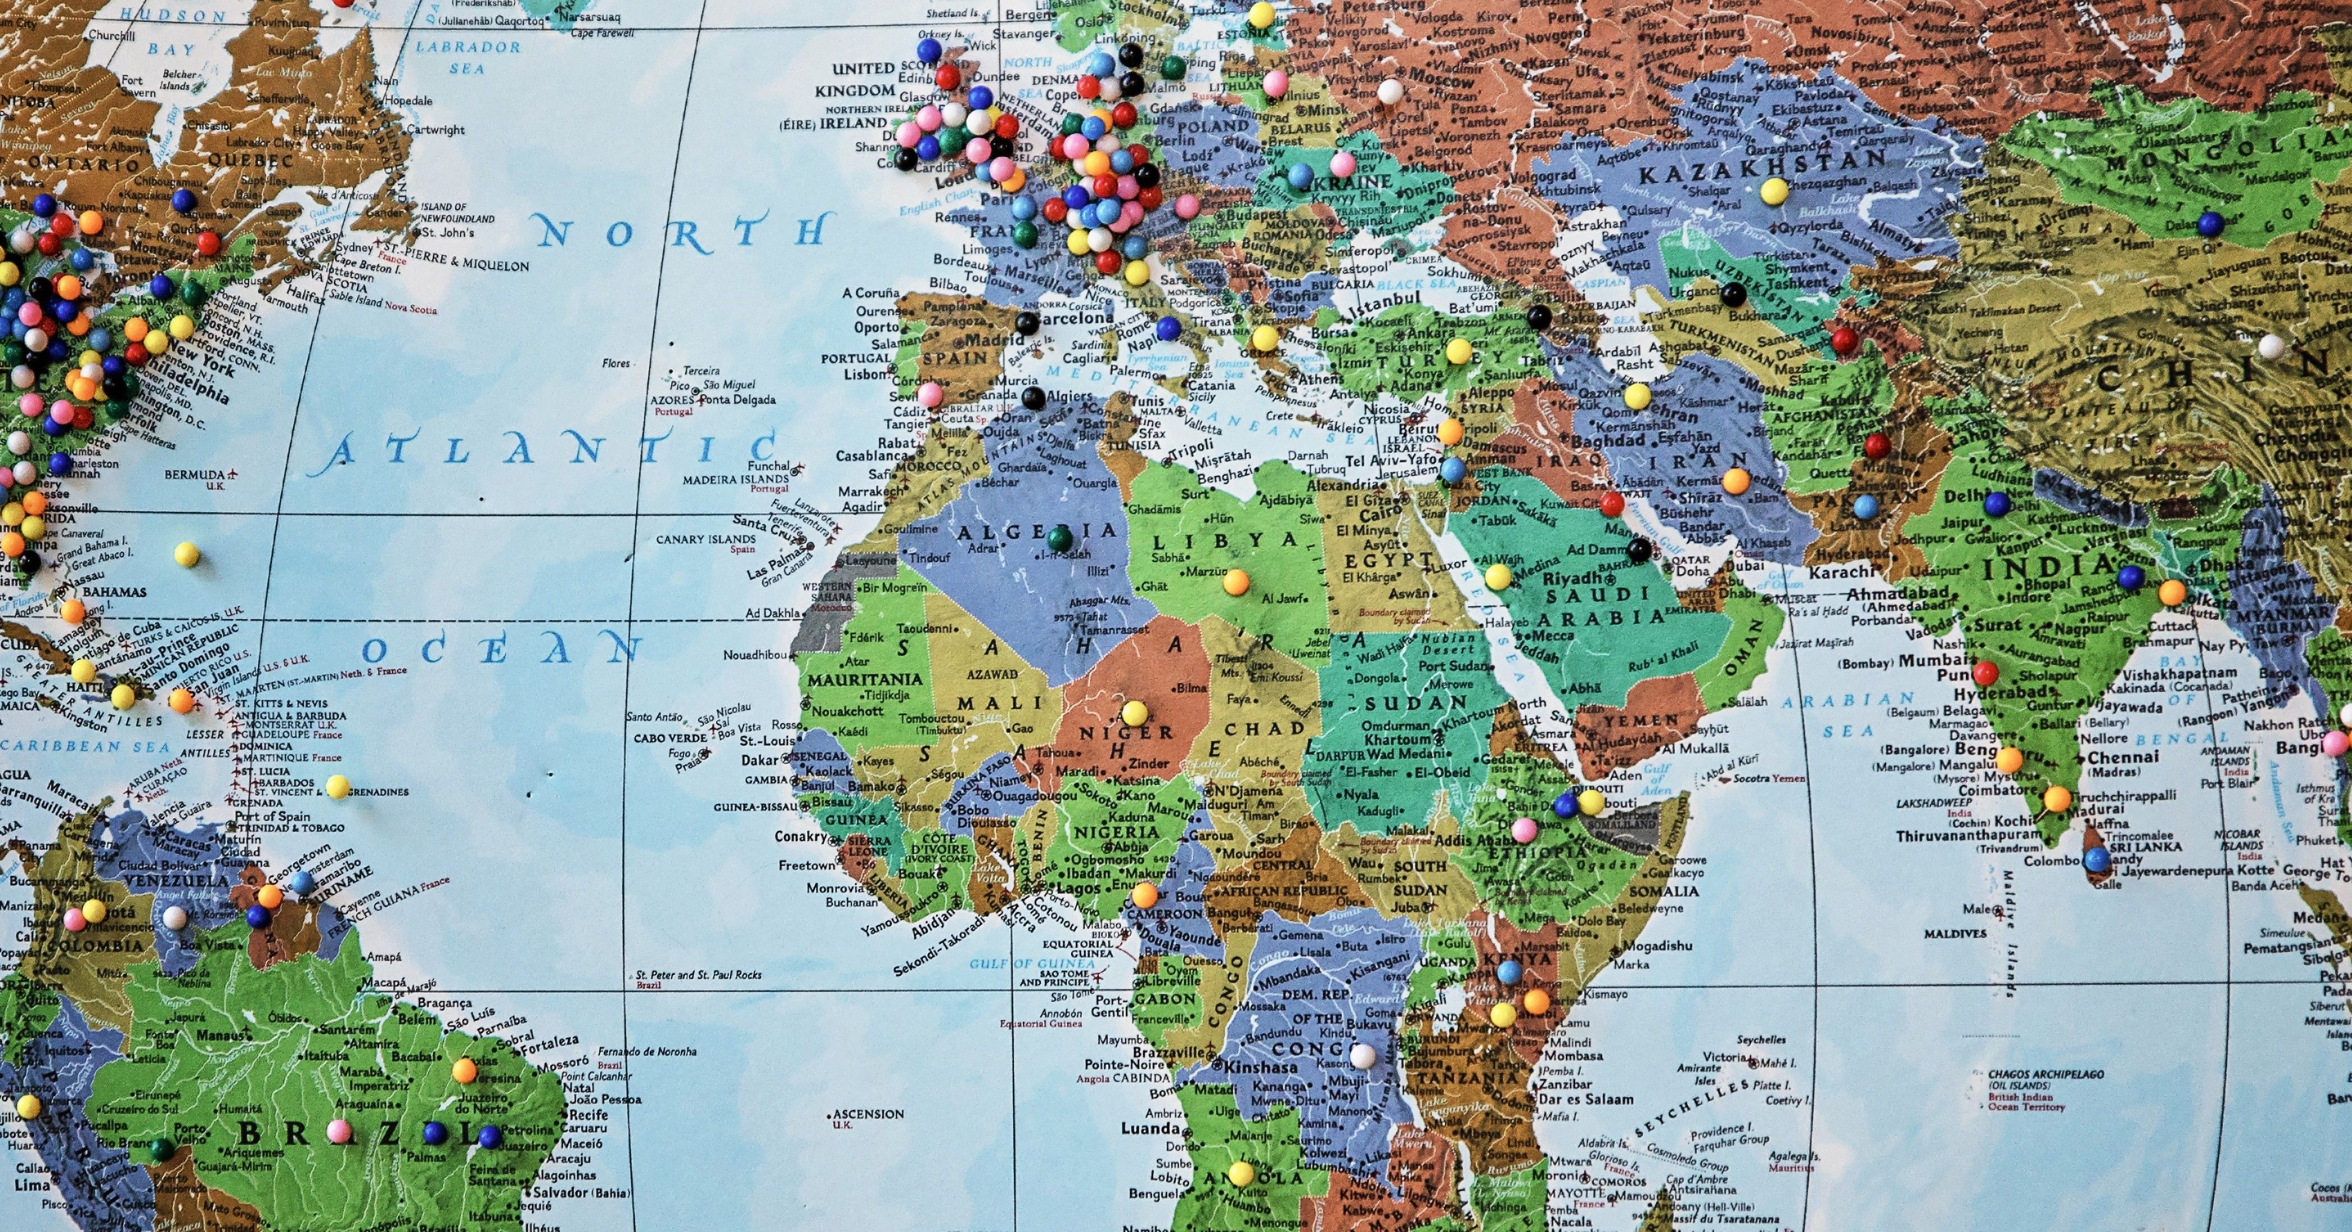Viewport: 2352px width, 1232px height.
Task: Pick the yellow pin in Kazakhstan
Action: click(1773, 191)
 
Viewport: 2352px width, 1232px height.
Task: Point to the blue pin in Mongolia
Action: click(2210, 222)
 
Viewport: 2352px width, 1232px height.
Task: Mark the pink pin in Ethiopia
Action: click(1524, 830)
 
